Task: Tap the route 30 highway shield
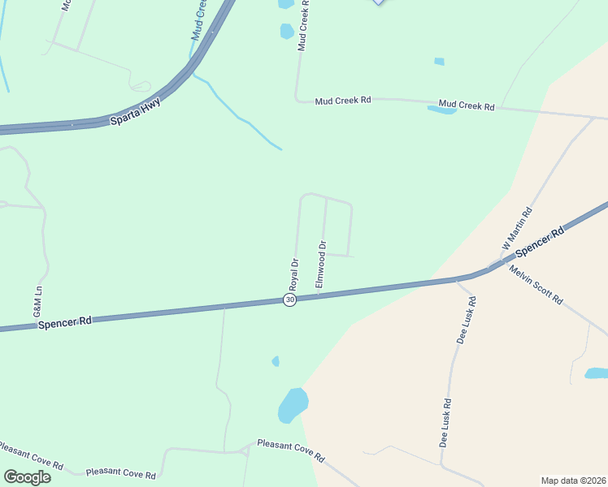pyautogui.click(x=290, y=300)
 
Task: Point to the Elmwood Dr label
pyautogui.click(x=321, y=264)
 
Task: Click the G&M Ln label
pyautogui.click(x=37, y=301)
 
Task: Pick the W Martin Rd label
pyautogui.click(x=517, y=228)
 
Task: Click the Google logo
pyautogui.click(x=27, y=476)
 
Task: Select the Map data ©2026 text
pyautogui.click(x=572, y=481)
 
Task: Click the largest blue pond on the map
pyautogui.click(x=293, y=404)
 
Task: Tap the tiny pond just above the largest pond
pyautogui.click(x=276, y=361)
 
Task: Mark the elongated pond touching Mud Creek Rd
pyautogui.click(x=442, y=110)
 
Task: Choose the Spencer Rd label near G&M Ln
pyautogui.click(x=64, y=322)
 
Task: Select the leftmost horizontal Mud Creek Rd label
pyautogui.click(x=343, y=100)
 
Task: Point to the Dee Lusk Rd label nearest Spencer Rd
pyautogui.click(x=466, y=320)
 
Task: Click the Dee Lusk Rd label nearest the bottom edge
pyautogui.click(x=446, y=423)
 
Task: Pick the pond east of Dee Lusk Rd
pyautogui.click(x=596, y=373)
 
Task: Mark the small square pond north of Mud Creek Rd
pyautogui.click(x=439, y=61)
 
